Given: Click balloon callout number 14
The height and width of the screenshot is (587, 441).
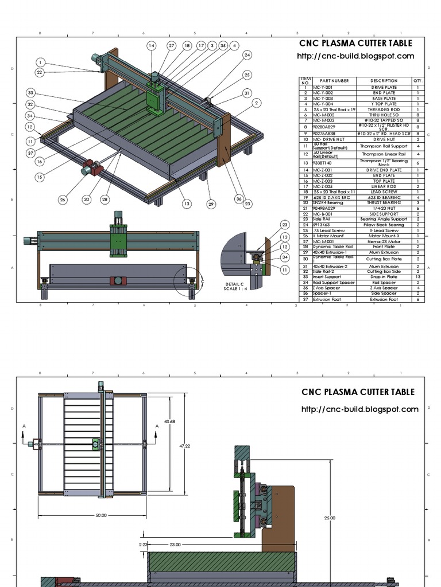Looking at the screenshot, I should (x=151, y=45).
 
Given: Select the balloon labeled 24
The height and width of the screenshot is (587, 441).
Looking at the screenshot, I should (x=247, y=55).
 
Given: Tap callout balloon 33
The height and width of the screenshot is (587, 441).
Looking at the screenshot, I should (x=30, y=92).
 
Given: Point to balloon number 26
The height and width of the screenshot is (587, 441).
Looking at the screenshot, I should (x=63, y=199).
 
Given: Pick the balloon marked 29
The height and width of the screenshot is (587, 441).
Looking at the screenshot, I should (x=211, y=204).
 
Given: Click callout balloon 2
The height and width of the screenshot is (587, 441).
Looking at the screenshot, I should (x=256, y=103).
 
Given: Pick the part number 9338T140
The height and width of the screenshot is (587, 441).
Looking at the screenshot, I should (x=322, y=163).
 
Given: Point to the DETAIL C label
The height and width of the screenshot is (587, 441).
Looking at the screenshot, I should (x=234, y=284).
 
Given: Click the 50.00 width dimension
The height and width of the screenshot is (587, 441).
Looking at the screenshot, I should (x=101, y=515).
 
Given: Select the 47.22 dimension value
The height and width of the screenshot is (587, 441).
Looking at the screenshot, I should (x=184, y=445).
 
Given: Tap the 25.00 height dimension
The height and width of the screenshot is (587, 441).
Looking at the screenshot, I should (x=330, y=518).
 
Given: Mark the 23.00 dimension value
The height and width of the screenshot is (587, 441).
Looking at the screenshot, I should (x=175, y=545).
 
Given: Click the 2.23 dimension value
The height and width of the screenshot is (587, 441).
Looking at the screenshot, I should (x=144, y=545).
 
